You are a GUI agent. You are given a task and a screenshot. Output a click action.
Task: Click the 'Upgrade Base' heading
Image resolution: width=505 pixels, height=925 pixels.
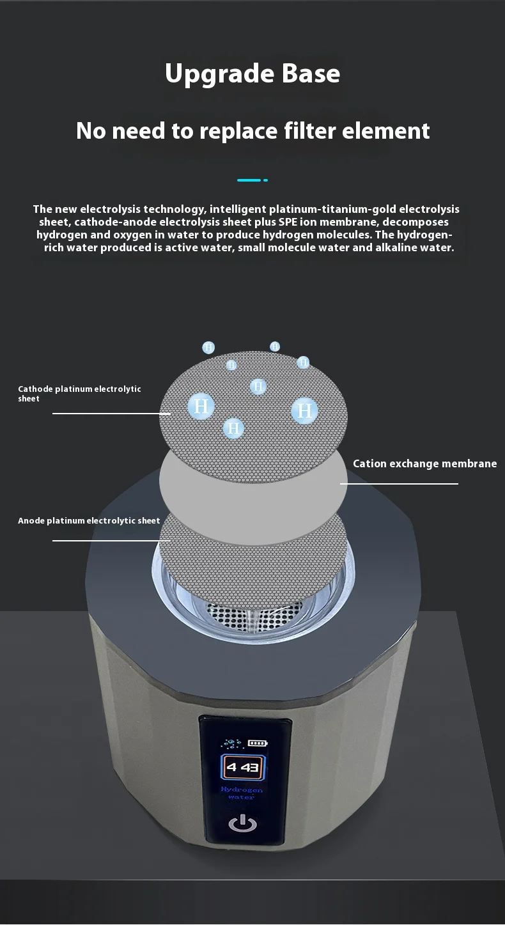pyautogui.click(x=252, y=74)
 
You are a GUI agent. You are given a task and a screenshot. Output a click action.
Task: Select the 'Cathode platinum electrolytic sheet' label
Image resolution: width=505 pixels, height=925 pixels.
pyautogui.click(x=79, y=394)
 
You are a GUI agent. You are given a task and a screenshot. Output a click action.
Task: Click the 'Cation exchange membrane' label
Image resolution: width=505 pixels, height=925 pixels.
pyautogui.click(x=425, y=463)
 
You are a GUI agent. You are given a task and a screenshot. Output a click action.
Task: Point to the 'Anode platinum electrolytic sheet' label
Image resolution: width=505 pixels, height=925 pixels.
pyautogui.click(x=89, y=521)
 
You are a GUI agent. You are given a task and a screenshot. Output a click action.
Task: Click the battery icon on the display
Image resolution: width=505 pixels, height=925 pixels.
pyautogui.click(x=258, y=743)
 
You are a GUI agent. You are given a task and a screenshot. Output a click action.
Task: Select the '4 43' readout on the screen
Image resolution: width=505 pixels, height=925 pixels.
pyautogui.click(x=242, y=767)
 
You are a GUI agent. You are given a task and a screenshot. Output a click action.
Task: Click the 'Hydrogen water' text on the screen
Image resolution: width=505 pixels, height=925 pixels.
pyautogui.click(x=242, y=793)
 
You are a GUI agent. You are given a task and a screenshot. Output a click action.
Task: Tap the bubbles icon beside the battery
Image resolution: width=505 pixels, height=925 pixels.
pyautogui.click(x=231, y=743)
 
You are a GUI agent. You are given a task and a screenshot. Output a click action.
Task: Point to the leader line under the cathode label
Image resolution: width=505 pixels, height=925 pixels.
pyautogui.click(x=111, y=414)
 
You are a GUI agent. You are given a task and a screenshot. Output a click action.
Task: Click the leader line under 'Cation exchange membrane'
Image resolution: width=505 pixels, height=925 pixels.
pyautogui.click(x=400, y=483)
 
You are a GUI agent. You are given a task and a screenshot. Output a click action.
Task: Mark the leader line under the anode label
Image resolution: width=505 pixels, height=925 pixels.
pyautogui.click(x=111, y=541)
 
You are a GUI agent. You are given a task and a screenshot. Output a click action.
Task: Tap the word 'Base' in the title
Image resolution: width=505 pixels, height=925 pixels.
pyautogui.click(x=311, y=74)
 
